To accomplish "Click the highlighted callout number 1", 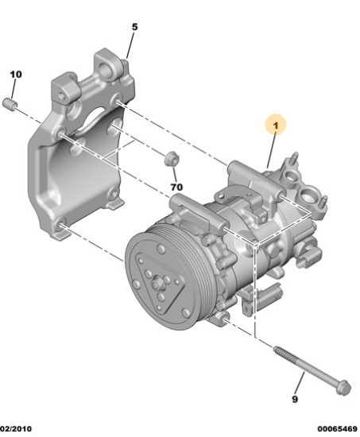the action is click(x=276, y=126).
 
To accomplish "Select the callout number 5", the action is click(x=134, y=27).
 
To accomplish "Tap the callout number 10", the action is click(x=16, y=75).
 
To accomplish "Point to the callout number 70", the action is click(x=176, y=187).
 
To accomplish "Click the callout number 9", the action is click(x=295, y=400).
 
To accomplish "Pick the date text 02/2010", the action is click(x=16, y=428).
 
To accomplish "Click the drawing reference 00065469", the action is click(x=337, y=428).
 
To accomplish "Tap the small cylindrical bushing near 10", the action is click(x=10, y=104).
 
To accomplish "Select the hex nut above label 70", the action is click(x=171, y=158).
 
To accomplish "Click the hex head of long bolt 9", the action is click(x=343, y=388).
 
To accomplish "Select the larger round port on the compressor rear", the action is click(x=307, y=195).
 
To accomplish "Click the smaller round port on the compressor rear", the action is click(x=290, y=176).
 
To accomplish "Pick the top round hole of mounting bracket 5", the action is click(x=105, y=68).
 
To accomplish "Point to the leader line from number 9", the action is click(x=300, y=383).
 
